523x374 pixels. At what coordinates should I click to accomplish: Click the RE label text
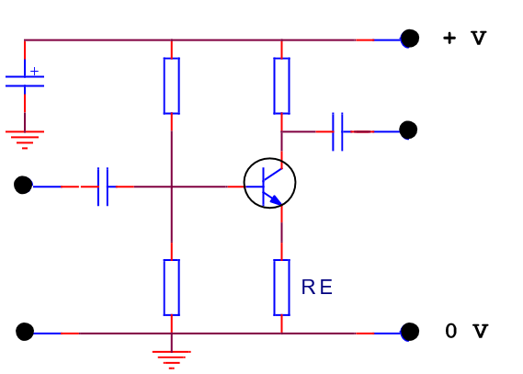pyautogui.click(x=316, y=287)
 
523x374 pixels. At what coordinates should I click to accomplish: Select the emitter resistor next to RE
pyautogui.click(x=281, y=288)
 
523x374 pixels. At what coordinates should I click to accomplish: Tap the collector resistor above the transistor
pyautogui.click(x=281, y=85)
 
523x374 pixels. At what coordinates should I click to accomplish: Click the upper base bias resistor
pyautogui.click(x=172, y=85)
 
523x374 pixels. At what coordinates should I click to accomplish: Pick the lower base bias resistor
pyautogui.click(x=172, y=288)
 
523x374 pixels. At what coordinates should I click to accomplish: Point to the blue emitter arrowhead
pyautogui.click(x=276, y=200)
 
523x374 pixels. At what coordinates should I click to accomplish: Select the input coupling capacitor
pyautogui.click(x=103, y=187)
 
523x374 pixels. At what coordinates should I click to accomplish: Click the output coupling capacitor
pyautogui.click(x=337, y=131)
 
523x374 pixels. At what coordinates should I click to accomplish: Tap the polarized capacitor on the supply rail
pyautogui.click(x=25, y=82)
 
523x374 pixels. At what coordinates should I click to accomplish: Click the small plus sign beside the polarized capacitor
pyautogui.click(x=34, y=71)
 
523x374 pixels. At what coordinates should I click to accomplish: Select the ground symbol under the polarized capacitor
pyautogui.click(x=25, y=140)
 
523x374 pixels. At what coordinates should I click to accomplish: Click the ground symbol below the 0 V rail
pyautogui.click(x=172, y=359)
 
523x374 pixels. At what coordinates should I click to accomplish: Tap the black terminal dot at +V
pyautogui.click(x=410, y=39)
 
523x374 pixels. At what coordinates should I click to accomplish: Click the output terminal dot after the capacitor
pyautogui.click(x=408, y=130)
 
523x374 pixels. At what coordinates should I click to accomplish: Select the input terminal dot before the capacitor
pyautogui.click(x=23, y=185)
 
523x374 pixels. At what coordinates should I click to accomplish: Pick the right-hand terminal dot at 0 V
pyautogui.click(x=410, y=332)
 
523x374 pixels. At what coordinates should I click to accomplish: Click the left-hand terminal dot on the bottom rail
pyautogui.click(x=25, y=332)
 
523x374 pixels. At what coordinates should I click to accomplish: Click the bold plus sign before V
pyautogui.click(x=449, y=38)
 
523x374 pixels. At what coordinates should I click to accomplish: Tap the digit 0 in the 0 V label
pyautogui.click(x=451, y=331)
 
